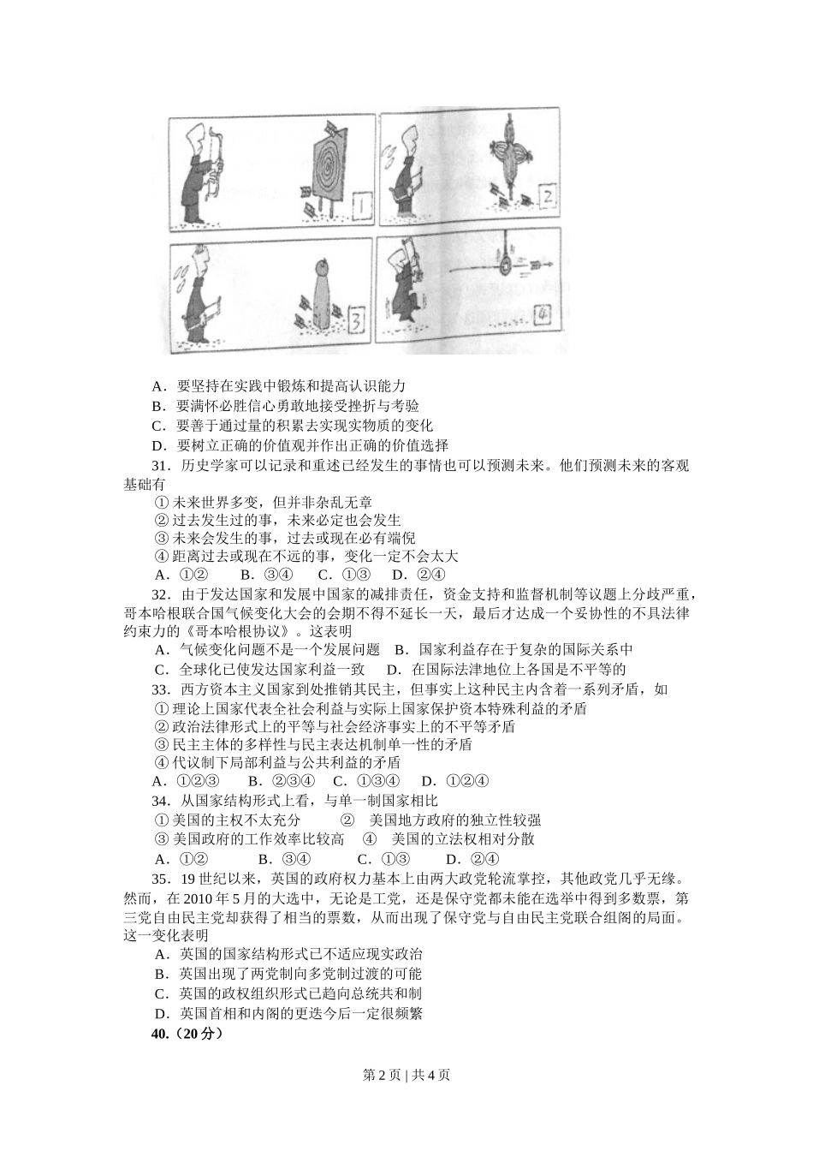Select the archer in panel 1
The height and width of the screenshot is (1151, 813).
click(202, 171)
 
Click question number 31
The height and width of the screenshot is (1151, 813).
click(162, 466)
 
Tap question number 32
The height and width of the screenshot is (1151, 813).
click(162, 595)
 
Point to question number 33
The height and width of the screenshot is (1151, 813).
click(162, 689)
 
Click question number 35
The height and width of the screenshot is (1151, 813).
click(162, 878)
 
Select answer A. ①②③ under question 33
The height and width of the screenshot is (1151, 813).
click(187, 780)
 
